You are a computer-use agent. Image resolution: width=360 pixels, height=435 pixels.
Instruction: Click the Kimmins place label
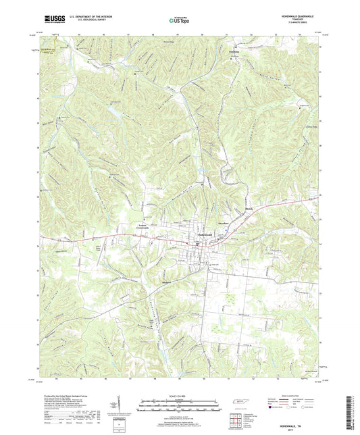tap(234, 52)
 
